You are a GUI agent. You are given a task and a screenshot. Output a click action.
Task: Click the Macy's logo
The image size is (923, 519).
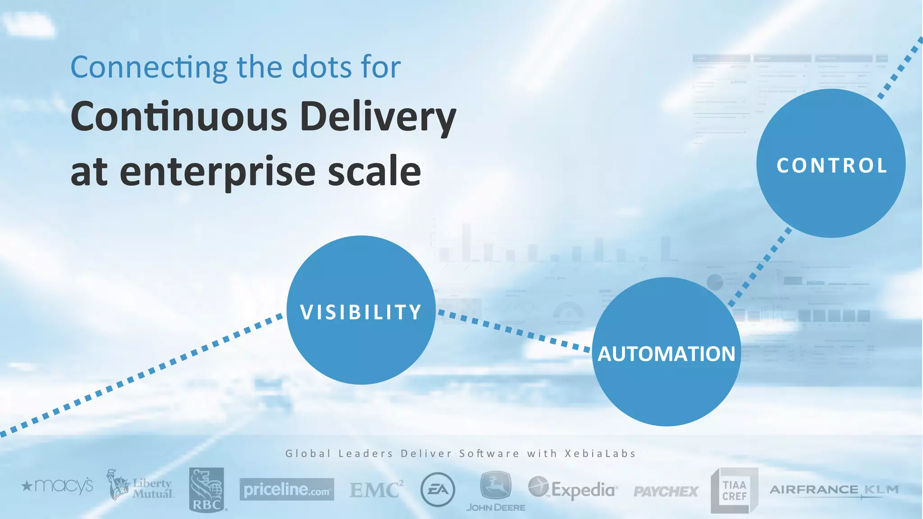pos(57,486)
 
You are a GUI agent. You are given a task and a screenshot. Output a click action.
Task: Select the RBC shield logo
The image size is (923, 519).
pos(206,489)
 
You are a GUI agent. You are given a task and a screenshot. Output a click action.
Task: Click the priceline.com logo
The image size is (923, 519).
pos(287,489)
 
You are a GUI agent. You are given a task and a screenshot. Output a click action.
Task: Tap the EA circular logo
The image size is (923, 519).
pos(437,490)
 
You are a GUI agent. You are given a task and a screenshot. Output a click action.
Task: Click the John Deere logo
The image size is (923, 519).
pos(495,491)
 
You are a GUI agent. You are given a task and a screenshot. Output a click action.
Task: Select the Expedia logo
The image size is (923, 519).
pos(572,489)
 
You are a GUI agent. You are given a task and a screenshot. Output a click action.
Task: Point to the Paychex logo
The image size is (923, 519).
pos(666,491)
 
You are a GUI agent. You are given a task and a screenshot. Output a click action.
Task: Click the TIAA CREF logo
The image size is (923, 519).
pos(734,490)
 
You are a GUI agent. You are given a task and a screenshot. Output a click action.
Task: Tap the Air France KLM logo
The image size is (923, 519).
pos(834,490)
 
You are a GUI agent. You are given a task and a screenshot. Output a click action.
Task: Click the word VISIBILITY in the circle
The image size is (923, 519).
pos(361,312)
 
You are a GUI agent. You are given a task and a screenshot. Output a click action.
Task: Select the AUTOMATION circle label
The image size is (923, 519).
pos(666,354)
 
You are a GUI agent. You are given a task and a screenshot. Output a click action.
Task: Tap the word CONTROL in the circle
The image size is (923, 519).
pos(832,165)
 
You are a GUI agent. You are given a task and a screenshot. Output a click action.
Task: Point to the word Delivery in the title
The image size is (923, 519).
pos(378,117)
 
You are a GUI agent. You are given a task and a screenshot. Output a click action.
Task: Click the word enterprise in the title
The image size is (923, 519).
pos(218,172)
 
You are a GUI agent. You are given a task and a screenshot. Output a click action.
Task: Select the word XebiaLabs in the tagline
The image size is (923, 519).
pos(600,453)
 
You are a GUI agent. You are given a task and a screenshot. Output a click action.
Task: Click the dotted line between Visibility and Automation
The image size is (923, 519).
pos(514,331)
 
